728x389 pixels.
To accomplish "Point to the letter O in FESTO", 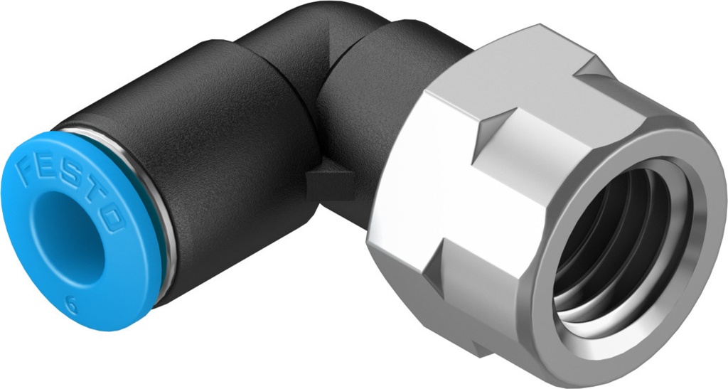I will tap(114, 220).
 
